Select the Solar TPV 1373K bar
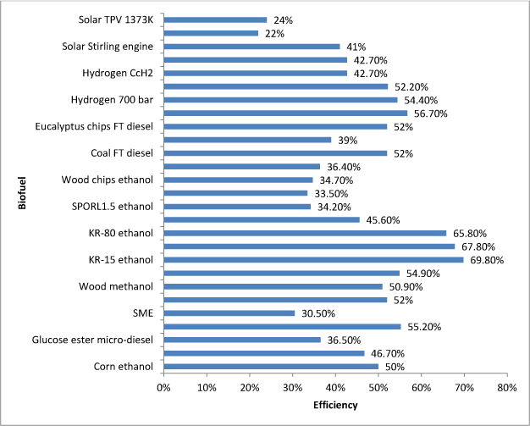(215, 19)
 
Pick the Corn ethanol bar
(271, 366)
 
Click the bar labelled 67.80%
(309, 246)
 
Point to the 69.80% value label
(486, 260)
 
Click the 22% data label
(273, 34)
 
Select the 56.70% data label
(429, 113)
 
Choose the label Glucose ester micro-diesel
(93, 340)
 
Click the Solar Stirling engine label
(108, 47)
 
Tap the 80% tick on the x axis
(507, 387)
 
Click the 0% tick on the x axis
(163, 387)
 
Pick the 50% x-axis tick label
(378, 387)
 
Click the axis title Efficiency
(335, 405)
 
